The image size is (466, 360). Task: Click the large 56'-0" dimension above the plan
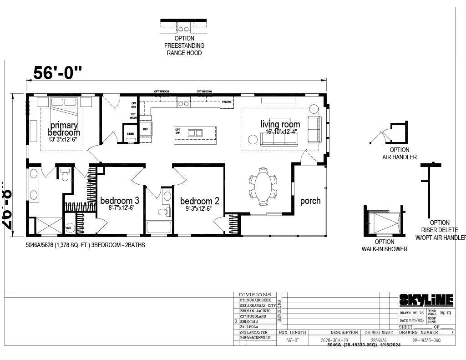[x=58, y=72]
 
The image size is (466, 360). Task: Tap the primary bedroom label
[x=64, y=129]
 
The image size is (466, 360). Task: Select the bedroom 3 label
[x=120, y=200]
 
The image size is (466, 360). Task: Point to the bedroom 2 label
[x=200, y=201]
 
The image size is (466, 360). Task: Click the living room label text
[x=280, y=124]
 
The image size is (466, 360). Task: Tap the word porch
[x=310, y=201]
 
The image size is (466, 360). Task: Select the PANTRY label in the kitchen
[x=226, y=102]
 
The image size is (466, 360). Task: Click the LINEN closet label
[x=131, y=134]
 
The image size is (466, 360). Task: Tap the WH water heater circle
[x=70, y=227]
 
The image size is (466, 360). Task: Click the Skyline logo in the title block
[x=426, y=299]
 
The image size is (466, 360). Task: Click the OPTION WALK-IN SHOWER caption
[x=385, y=245]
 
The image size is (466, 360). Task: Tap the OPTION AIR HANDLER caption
[x=399, y=153]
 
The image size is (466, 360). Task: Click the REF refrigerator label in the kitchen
[x=146, y=129]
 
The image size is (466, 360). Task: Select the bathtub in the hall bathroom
[x=159, y=227]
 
